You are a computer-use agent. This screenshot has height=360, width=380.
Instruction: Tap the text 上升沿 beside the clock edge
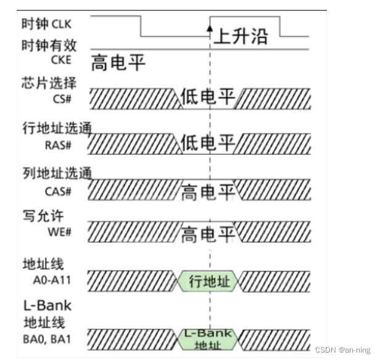(241, 36)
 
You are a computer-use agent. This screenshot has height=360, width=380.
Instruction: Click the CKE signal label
(62, 59)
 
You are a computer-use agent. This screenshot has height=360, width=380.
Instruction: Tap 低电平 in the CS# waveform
(208, 97)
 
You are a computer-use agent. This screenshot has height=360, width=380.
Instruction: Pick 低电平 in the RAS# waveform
(208, 143)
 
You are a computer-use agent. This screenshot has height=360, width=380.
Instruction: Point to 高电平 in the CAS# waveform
(208, 192)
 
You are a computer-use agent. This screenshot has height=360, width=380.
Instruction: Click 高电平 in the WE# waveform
(208, 235)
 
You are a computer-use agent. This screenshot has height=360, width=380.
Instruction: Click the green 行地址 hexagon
(209, 282)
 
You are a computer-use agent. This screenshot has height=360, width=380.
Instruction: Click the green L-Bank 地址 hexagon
(209, 338)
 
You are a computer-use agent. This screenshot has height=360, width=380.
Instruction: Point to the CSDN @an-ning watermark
(343, 350)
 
